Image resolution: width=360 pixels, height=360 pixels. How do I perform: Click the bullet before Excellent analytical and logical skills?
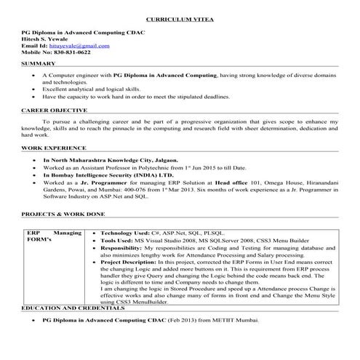(x=34, y=88)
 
